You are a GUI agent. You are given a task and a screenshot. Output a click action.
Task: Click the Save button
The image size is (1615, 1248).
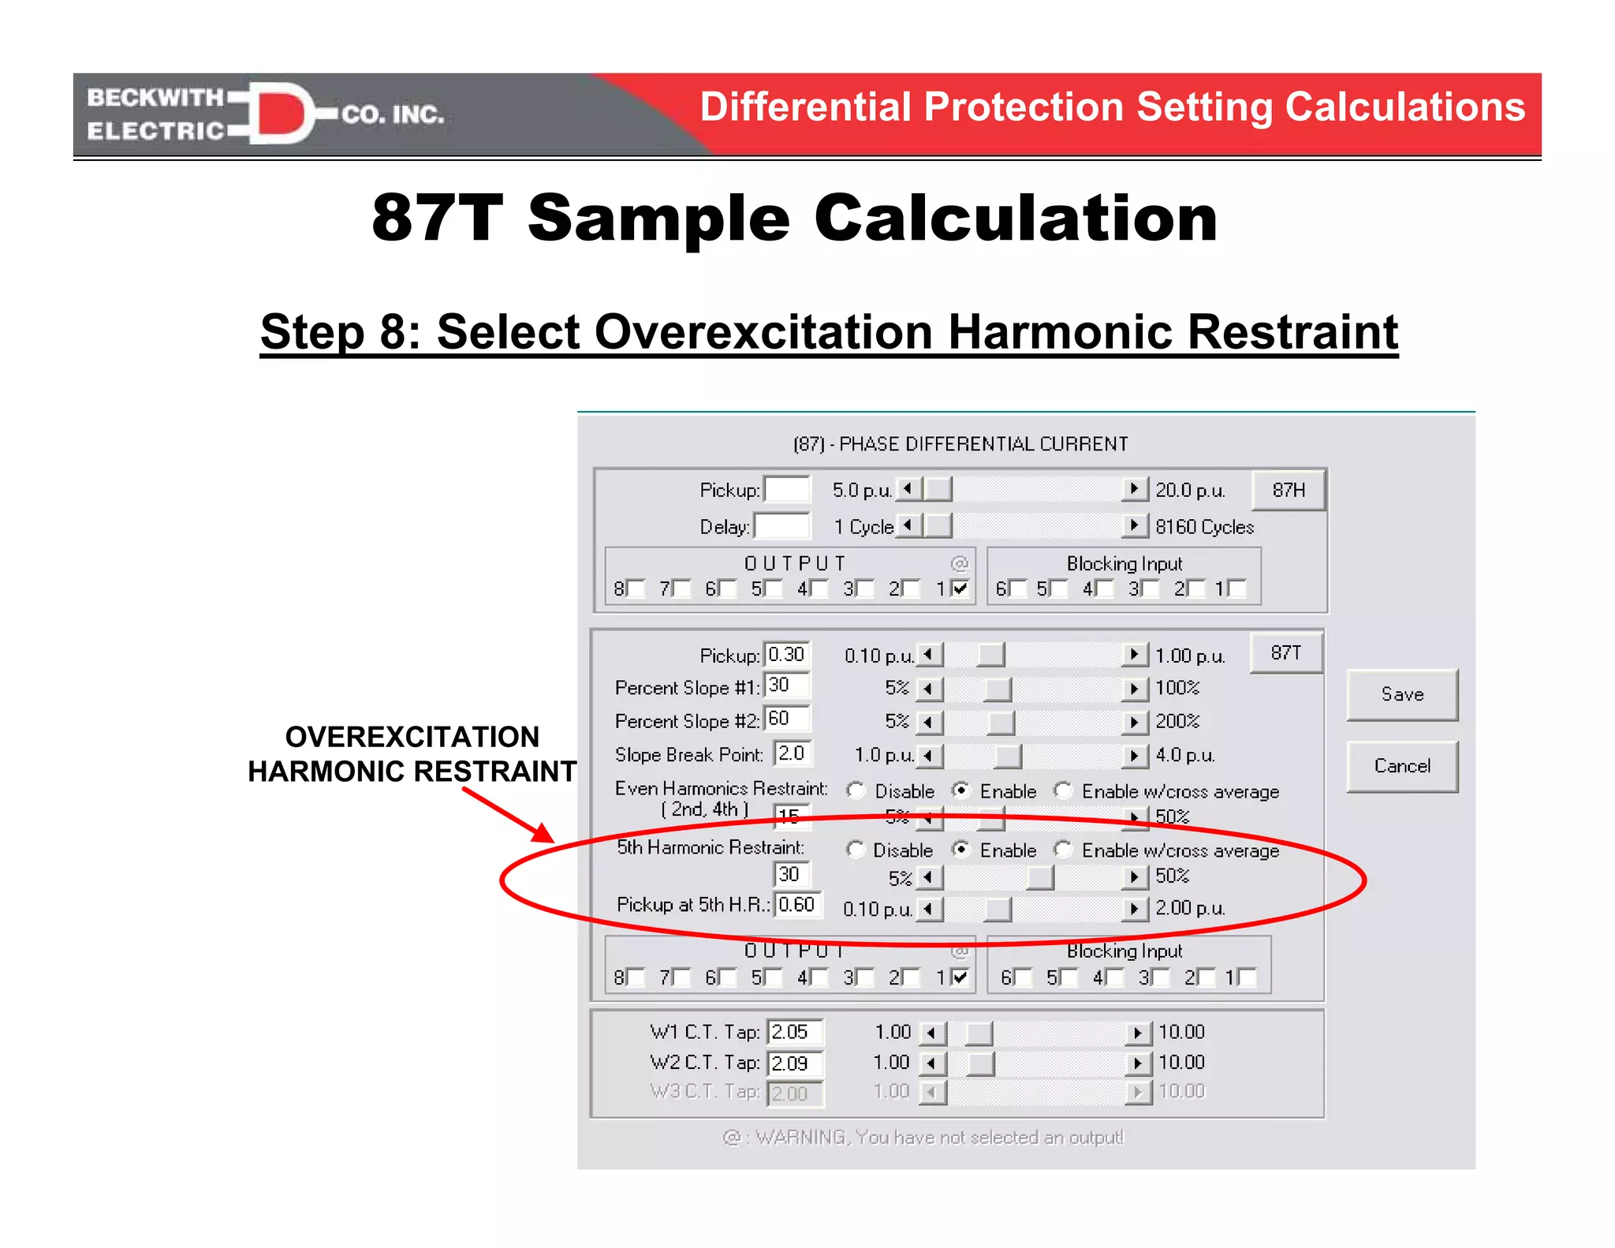click(x=1402, y=695)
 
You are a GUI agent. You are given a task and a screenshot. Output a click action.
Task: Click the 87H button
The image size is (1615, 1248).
click(x=1289, y=490)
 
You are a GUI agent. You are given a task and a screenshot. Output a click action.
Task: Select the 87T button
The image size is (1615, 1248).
click(x=1285, y=653)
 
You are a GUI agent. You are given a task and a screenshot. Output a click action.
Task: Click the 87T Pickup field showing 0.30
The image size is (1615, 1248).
click(x=787, y=655)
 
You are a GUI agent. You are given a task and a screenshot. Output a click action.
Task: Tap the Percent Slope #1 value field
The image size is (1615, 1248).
click(x=787, y=685)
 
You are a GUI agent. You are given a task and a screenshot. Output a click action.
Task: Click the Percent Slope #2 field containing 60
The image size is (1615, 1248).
click(x=787, y=719)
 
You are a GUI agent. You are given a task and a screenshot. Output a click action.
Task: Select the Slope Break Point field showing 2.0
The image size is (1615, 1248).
click(x=793, y=753)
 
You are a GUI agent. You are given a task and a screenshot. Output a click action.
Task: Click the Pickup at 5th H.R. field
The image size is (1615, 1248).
click(x=798, y=905)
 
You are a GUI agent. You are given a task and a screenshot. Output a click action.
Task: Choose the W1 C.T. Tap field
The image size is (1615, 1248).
click(x=795, y=1032)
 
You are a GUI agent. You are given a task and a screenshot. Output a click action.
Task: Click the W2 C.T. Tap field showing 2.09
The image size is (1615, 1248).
click(x=795, y=1063)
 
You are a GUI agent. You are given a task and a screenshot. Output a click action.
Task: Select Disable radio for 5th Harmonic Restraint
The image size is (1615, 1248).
click(x=855, y=850)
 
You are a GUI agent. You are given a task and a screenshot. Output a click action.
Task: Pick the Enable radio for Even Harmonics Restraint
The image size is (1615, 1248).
click(x=960, y=790)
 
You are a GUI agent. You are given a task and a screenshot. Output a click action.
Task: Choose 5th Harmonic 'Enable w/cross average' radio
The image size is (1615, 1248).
click(x=1063, y=850)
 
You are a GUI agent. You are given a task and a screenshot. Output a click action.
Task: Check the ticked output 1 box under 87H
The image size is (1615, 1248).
click(x=960, y=589)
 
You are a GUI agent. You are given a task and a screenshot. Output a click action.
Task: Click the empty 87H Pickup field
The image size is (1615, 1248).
click(x=787, y=490)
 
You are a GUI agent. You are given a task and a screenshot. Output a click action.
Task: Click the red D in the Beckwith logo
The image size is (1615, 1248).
click(x=280, y=114)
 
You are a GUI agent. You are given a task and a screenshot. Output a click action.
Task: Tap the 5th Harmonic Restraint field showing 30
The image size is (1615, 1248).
click(x=791, y=874)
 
